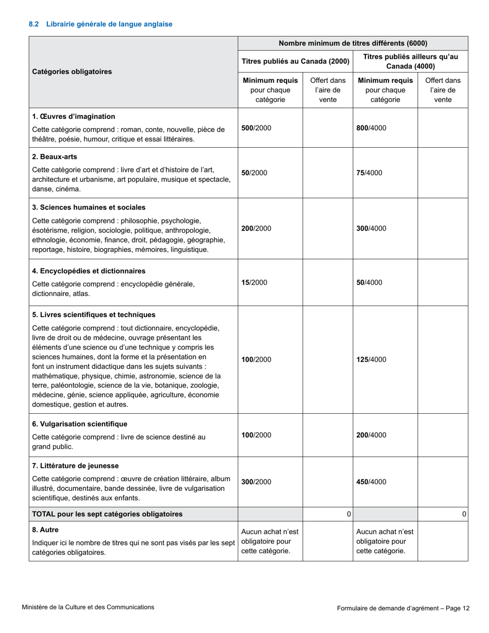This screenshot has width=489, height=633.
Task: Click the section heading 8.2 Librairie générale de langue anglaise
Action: coord(100,24)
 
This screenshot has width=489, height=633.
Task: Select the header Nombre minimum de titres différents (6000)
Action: coord(353,43)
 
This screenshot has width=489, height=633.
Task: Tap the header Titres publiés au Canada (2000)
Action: coord(295,62)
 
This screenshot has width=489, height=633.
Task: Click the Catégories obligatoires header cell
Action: coord(72,72)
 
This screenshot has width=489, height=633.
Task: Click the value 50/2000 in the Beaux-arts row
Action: coord(254,173)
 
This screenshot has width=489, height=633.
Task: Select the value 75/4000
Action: coord(370,173)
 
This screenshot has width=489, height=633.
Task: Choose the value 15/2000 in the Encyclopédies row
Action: coord(254,282)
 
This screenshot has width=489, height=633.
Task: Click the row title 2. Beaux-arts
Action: coord(55,156)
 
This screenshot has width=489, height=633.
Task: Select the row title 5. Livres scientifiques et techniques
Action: coord(94,314)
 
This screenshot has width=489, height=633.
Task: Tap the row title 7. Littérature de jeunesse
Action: coord(76,466)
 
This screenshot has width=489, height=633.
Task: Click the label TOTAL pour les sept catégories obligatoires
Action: coord(107,514)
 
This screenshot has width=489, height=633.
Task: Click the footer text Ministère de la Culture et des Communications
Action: coord(88,607)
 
